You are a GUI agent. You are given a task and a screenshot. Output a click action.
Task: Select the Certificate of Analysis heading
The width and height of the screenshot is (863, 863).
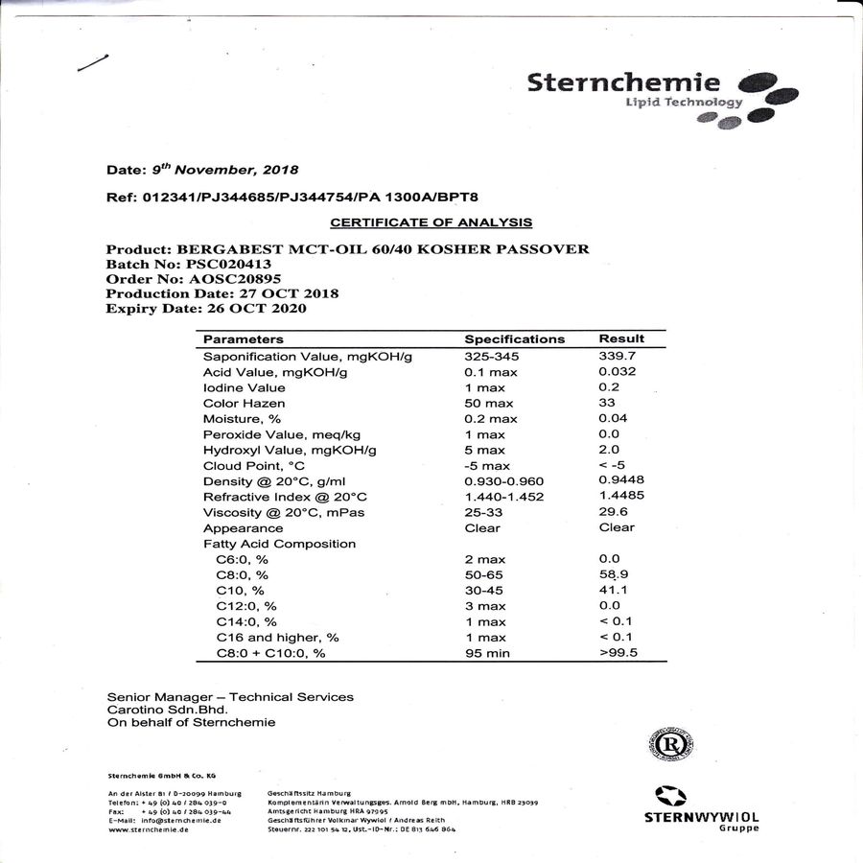[431, 222]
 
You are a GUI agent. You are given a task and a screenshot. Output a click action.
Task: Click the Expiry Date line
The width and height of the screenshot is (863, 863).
[207, 309]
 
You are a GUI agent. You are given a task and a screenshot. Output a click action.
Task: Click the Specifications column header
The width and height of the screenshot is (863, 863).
[514, 339]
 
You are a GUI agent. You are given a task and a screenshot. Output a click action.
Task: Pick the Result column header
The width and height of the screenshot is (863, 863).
[621, 338]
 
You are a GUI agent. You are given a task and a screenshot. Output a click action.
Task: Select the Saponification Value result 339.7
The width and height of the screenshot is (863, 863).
[617, 356]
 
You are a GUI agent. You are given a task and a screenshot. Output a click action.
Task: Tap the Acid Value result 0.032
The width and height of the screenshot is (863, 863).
[617, 371]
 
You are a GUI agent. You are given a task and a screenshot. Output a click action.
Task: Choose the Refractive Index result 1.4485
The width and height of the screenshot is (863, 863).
[620, 496]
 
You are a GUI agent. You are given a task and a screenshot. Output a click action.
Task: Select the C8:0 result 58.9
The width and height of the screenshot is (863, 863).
[613, 574]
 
